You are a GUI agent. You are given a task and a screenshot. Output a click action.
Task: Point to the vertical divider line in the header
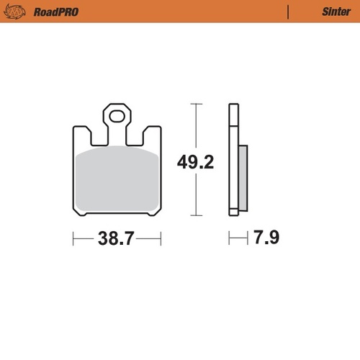coord(288,12)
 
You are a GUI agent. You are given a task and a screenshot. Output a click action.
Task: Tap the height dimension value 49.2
coord(196,163)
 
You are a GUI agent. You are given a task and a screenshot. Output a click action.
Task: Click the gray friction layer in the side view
coord(242,176)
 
